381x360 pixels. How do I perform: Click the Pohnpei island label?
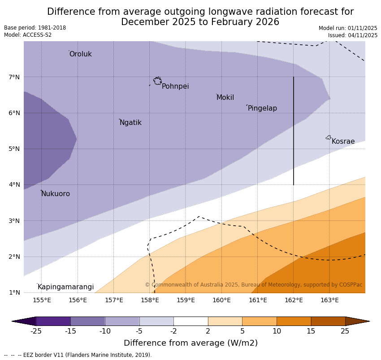pyautogui.click(x=175, y=86)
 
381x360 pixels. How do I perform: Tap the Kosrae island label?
pyautogui.click(x=343, y=141)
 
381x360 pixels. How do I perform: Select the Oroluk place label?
pyautogui.click(x=80, y=54)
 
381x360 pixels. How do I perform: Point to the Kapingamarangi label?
pyautogui.click(x=65, y=287)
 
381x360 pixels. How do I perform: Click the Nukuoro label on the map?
pyautogui.click(x=56, y=194)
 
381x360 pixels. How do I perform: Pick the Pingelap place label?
pyautogui.click(x=262, y=108)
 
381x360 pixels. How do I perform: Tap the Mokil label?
pyautogui.click(x=225, y=98)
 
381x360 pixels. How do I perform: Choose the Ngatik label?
pyautogui.click(x=130, y=123)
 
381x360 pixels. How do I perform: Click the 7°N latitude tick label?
pyautogui.click(x=14, y=77)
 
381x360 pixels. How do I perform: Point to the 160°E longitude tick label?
pyautogui.click(x=221, y=300)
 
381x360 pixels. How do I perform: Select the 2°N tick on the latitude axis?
pyautogui.click(x=14, y=257)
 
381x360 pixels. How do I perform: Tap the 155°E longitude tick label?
pyautogui.click(x=42, y=300)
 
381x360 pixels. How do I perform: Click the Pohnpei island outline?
pyautogui.click(x=157, y=81)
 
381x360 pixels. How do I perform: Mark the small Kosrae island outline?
pyautogui.click(x=329, y=137)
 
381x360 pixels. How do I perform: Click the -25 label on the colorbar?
pyautogui.click(x=36, y=331)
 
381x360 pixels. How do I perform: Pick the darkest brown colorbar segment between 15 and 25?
pyautogui.click(x=328, y=321)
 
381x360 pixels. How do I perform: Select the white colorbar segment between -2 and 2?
pyautogui.click(x=190, y=321)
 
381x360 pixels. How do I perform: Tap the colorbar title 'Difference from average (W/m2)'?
pyautogui.click(x=190, y=343)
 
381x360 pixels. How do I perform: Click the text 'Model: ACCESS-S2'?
pyautogui.click(x=28, y=35)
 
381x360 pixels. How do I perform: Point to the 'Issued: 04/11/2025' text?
pyautogui.click(x=352, y=35)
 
